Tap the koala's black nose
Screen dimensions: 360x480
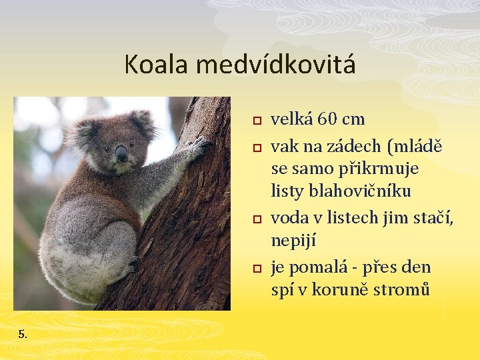(x=121, y=154)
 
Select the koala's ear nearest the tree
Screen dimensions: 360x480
(x=142, y=123)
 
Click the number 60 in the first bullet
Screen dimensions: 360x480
(x=327, y=119)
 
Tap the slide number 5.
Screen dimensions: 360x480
(x=23, y=333)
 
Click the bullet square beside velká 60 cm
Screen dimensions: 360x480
(x=254, y=121)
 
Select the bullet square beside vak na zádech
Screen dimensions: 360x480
(x=254, y=147)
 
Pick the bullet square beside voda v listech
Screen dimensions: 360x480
(x=254, y=219)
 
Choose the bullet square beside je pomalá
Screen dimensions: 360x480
(x=254, y=268)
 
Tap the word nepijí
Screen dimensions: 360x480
(x=294, y=240)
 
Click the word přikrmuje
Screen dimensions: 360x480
(x=385, y=169)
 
